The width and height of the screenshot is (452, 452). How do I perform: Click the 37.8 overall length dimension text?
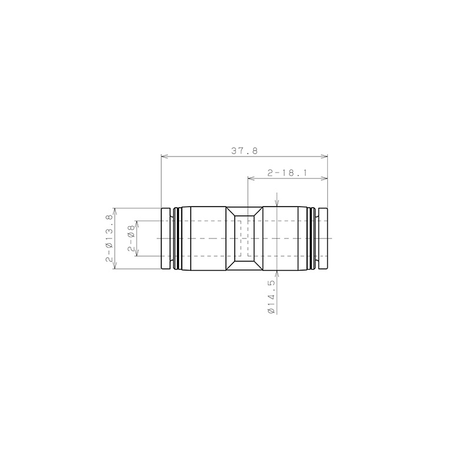tap(244, 151)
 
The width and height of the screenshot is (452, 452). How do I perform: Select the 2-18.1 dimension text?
tap(287, 173)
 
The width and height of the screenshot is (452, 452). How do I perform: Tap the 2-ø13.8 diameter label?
tap(109, 238)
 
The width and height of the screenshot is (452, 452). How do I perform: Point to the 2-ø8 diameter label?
tap(131, 238)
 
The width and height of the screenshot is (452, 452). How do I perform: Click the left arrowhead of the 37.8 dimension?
tap(164, 157)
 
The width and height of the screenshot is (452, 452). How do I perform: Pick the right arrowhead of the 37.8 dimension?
tap(324, 157)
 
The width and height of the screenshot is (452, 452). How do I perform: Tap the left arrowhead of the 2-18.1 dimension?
tap(251, 179)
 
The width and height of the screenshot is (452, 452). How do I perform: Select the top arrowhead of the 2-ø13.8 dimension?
tap(115, 211)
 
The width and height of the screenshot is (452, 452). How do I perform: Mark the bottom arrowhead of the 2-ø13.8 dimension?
tap(115, 266)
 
